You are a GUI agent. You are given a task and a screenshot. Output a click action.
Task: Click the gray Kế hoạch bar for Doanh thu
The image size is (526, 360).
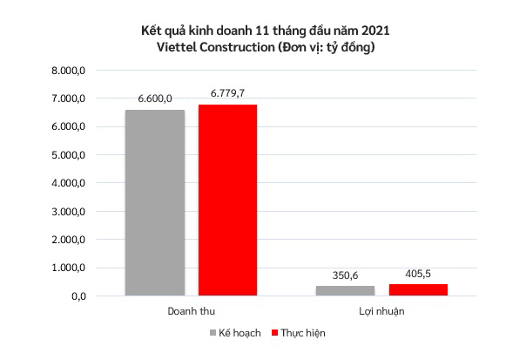tap(154, 202)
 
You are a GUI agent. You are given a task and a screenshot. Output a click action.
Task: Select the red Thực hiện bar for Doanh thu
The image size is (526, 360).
tap(227, 200)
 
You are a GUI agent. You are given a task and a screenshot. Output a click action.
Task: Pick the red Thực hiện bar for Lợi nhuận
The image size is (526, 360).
tap(417, 289)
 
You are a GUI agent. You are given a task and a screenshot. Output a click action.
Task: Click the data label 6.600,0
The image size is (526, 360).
tap(155, 99)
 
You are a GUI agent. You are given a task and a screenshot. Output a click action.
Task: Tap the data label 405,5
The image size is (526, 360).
tap(417, 273)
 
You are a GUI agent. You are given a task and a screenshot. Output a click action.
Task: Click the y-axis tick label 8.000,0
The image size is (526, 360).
tap(65, 71)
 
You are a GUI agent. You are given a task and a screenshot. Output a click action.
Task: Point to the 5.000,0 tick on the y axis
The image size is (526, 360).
tap(65, 155)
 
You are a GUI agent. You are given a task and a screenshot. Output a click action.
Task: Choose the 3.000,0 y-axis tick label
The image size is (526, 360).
tap(65, 212)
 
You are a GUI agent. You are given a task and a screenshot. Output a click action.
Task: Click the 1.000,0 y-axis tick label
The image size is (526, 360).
tap(65, 268)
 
